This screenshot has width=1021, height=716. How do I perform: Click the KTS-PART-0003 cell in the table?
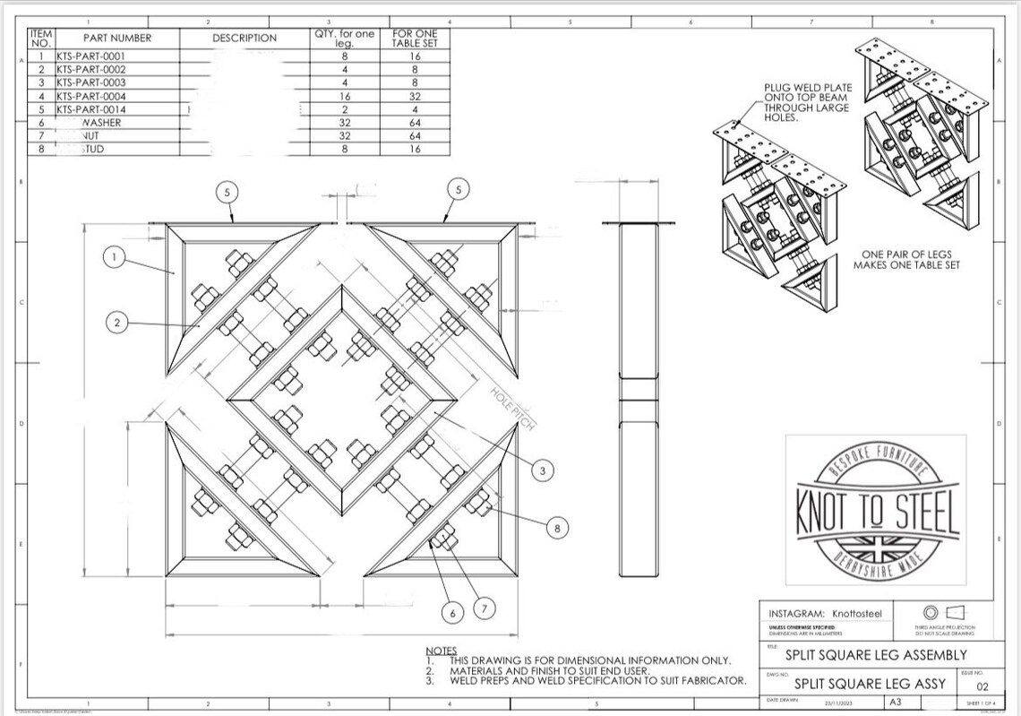91,82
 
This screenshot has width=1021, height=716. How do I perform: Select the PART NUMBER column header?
117,38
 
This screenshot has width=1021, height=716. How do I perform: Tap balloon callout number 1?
114,258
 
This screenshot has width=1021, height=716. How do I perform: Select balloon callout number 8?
556,529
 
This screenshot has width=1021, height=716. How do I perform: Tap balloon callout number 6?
453,613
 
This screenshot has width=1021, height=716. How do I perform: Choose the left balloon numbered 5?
227,190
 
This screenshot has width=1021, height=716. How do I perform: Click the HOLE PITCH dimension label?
512,409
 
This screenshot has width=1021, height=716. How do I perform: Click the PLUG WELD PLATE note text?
807,102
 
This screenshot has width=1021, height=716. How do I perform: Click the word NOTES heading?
441,651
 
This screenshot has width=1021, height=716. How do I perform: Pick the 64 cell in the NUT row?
415,135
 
